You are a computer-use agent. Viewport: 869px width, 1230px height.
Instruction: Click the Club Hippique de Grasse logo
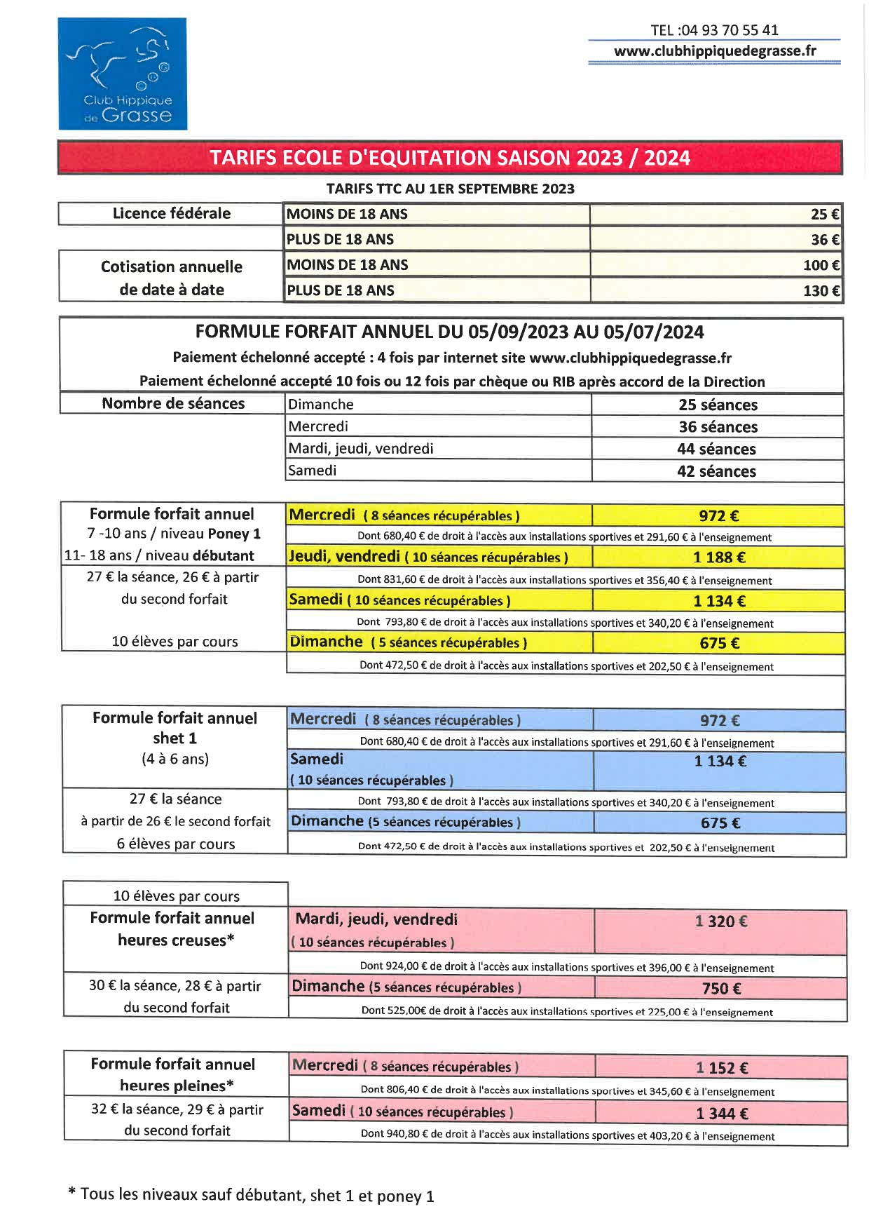click(123, 74)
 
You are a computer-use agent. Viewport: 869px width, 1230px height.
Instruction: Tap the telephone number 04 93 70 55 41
click(714, 30)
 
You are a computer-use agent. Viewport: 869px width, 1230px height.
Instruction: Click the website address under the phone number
click(715, 51)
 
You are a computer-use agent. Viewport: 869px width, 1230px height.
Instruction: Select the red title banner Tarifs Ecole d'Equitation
click(450, 158)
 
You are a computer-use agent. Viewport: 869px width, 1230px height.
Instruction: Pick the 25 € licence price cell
click(716, 214)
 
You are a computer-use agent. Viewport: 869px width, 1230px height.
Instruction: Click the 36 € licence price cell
click(716, 239)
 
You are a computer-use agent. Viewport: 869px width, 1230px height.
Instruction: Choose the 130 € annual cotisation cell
click(716, 290)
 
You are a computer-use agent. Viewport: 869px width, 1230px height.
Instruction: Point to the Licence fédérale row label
click(171, 213)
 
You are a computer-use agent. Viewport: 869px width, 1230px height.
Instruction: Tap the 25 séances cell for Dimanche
click(718, 405)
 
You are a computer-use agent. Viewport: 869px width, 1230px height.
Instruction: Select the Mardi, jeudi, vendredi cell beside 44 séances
click(439, 449)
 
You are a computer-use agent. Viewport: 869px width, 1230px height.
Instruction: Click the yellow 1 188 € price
click(719, 557)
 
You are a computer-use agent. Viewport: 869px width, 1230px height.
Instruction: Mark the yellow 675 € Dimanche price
click(719, 643)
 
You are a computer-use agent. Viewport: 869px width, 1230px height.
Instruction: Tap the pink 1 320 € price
click(720, 921)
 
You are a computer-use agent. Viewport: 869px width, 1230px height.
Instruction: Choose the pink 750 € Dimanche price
click(721, 989)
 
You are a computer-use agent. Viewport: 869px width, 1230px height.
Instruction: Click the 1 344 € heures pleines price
click(722, 1114)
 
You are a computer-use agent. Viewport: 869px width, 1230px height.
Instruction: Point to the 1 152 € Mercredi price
click(722, 1068)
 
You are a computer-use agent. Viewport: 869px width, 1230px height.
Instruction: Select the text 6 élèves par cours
click(176, 844)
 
